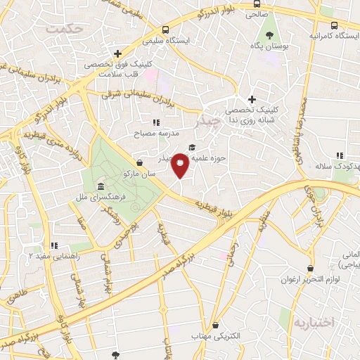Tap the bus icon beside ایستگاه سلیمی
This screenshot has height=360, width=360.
[x=165, y=30]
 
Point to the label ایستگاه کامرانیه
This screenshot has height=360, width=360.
[x=334, y=34]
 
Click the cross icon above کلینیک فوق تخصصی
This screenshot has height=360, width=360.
[x=117, y=53]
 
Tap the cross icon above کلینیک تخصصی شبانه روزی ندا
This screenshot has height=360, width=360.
[x=251, y=100]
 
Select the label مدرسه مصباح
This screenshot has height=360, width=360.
[x=157, y=132]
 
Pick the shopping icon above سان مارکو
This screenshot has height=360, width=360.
[x=139, y=162]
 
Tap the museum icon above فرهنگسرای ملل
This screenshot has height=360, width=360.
[x=102, y=188]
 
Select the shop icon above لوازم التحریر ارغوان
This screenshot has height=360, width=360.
[x=311, y=268]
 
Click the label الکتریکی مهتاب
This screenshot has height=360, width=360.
[x=216, y=336]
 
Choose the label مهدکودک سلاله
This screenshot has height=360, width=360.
[x=336, y=165]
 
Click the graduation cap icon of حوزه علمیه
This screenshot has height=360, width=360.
[x=193, y=147]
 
